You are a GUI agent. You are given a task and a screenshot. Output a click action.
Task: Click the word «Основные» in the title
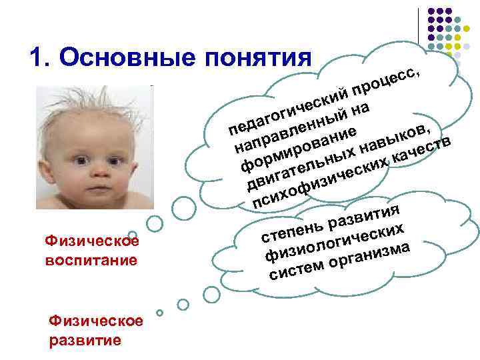(x=127, y=58)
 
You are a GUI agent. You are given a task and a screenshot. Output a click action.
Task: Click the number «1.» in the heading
(x=41, y=58)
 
